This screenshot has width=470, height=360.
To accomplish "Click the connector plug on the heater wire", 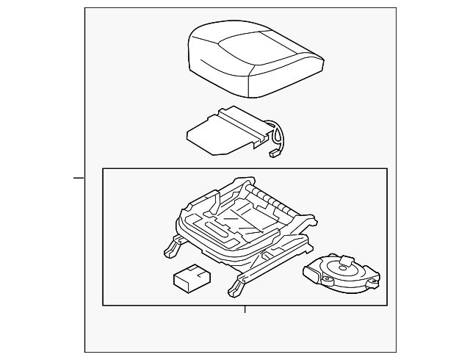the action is point(275,154).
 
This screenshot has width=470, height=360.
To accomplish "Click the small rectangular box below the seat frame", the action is point(192,278).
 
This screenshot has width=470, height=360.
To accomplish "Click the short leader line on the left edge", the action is point(78,177).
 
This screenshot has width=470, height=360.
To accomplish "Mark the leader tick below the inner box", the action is point(245,310).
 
